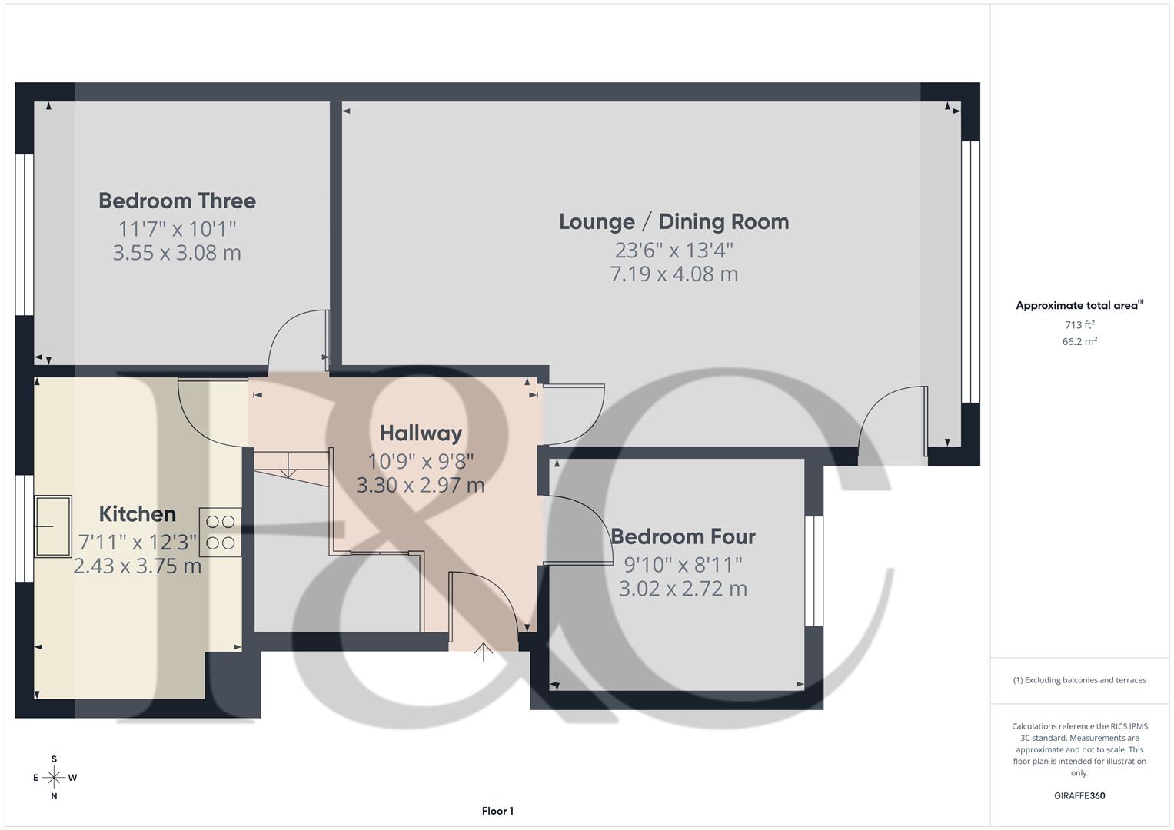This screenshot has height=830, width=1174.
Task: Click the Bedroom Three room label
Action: pyautogui.click(x=177, y=201)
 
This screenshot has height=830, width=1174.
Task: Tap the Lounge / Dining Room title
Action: pyautogui.click(x=673, y=222)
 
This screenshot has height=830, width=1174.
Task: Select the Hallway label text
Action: pyautogui.click(x=421, y=433)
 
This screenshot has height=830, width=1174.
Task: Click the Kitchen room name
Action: pyautogui.click(x=138, y=514)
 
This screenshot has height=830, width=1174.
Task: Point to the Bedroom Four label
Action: pyautogui.click(x=683, y=536)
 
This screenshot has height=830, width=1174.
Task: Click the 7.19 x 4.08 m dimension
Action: pyautogui.click(x=673, y=274)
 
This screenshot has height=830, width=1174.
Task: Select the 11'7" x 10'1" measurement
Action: pyautogui.click(x=177, y=229)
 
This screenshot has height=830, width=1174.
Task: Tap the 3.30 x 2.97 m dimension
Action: pyautogui.click(x=421, y=486)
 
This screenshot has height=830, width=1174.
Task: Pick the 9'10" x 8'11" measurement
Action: pyautogui.click(x=683, y=565)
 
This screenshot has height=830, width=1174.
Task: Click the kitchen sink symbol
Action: pyautogui.click(x=53, y=526)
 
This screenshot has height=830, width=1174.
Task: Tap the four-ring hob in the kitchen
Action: pyautogui.click(x=220, y=533)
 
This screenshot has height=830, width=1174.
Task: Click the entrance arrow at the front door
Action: pyautogui.click(x=483, y=652)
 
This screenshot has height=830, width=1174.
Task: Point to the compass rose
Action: pyautogui.click(x=54, y=778)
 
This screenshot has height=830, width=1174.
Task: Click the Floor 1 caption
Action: pyautogui.click(x=497, y=811)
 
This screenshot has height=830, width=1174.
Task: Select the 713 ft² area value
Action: pyautogui.click(x=1079, y=325)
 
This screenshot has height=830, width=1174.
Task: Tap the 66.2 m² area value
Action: pyautogui.click(x=1079, y=342)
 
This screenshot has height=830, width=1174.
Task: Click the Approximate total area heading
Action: pyautogui.click(x=1079, y=306)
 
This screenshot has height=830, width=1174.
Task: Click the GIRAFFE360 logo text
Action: pyautogui.click(x=1079, y=796)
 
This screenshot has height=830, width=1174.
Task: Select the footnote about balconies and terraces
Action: pyautogui.click(x=1079, y=680)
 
